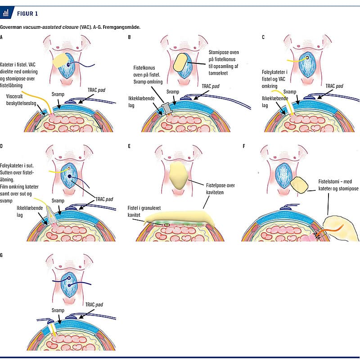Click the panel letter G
click(2, 255)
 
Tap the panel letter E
click(130, 146)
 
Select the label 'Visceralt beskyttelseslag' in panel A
click(21, 99)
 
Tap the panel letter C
click(263, 37)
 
